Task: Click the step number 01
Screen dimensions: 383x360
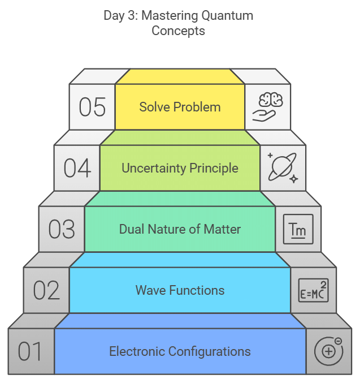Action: point(31,351)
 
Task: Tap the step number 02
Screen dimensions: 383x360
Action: point(46,290)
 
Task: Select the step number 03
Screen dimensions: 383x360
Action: point(62,230)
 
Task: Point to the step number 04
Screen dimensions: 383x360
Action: point(77,168)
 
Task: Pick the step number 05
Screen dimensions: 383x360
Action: point(92,107)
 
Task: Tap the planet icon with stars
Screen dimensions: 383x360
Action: point(283,167)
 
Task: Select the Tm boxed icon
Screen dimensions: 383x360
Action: point(298,229)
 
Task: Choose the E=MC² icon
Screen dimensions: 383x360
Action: point(313,290)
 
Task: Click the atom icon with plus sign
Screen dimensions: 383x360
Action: point(328,351)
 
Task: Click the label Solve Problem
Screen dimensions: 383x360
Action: point(180,107)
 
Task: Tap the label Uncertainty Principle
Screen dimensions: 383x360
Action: point(180,168)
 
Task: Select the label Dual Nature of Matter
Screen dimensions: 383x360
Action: point(180,229)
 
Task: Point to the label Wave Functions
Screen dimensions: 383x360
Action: point(180,290)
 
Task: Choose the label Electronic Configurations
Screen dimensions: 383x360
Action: point(180,351)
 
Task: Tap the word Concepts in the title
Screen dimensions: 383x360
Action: point(178,31)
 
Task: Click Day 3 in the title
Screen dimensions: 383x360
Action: point(120,15)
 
